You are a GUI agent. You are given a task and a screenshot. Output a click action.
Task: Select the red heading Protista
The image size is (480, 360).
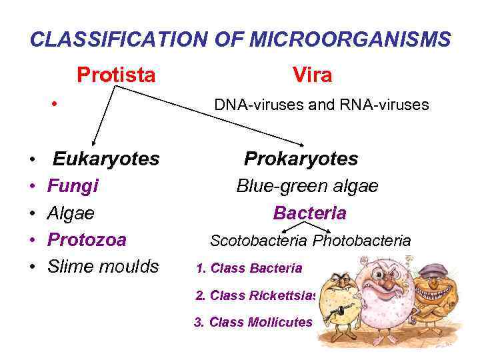[116, 74]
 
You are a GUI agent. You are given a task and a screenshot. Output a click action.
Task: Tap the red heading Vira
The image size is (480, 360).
[311, 75]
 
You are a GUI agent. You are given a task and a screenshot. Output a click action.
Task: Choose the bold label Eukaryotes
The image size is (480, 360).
[106, 159]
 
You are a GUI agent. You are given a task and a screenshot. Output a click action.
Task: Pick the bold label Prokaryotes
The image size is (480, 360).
[301, 159]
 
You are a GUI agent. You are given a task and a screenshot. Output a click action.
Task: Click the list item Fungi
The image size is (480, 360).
[73, 186]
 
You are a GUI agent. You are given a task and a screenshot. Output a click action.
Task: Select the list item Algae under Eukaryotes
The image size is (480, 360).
[71, 213]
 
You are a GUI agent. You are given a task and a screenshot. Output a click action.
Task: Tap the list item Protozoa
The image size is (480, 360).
[87, 240]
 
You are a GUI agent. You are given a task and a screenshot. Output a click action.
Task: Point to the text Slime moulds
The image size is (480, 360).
[103, 267]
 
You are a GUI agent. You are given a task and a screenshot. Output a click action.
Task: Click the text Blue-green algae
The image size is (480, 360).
[307, 186]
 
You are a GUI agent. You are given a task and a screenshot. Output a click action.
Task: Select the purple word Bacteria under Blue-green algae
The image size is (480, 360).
[309, 213]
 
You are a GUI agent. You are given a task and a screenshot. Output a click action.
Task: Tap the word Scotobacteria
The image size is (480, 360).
[259, 240]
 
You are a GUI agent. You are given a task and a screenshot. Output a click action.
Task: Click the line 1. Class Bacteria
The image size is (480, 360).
[249, 268]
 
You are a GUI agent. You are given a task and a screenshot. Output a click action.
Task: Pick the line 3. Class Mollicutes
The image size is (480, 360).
[253, 322]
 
